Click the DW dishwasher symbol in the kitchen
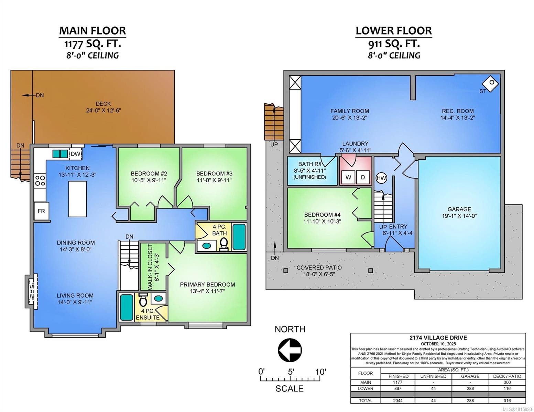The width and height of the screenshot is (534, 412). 75,154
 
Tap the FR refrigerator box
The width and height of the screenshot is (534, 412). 41,211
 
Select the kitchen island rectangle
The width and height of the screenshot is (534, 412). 77,199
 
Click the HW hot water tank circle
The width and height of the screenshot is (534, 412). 381,178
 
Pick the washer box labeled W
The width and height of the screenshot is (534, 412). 348,177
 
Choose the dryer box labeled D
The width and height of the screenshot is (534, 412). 363,177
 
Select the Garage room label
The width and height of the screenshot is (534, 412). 459,209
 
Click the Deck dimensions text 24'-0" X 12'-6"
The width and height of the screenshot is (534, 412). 103,111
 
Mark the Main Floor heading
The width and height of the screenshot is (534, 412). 92,31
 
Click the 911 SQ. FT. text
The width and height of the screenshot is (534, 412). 393,44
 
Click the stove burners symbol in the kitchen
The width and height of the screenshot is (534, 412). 40,180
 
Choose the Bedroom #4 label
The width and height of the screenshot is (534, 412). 322,215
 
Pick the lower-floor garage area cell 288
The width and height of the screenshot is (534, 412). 470,388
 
